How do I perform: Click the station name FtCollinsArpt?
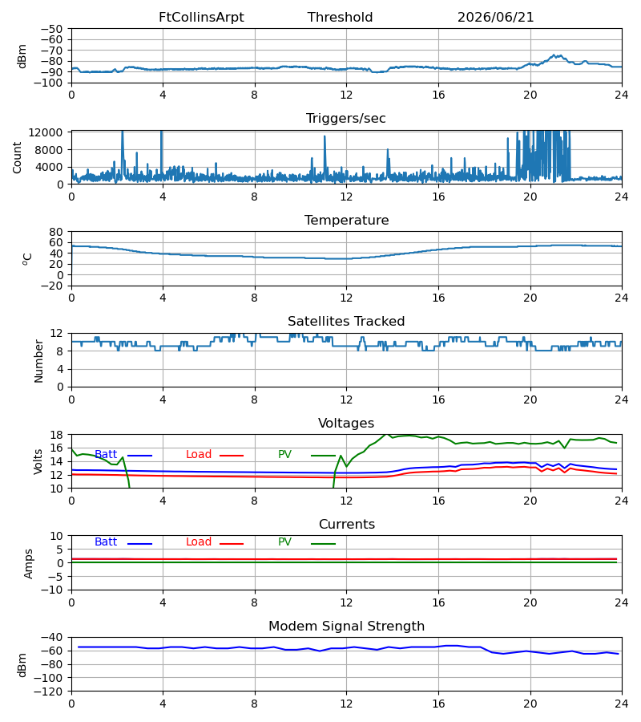click(x=201, y=18)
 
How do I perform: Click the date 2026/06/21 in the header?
click(x=495, y=18)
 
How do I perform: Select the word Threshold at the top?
click(x=340, y=18)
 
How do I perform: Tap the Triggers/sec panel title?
click(x=346, y=119)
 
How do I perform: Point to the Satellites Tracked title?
click(x=346, y=322)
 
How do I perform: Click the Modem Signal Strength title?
click(x=346, y=627)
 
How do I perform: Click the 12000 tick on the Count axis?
click(x=46, y=132)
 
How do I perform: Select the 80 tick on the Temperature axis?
click(x=56, y=232)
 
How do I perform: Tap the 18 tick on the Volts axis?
click(x=56, y=435)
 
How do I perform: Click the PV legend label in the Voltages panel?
click(x=284, y=455)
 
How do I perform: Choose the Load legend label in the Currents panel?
click(x=199, y=542)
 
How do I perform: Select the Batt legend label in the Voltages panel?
click(x=106, y=455)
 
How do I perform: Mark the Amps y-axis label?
click(x=29, y=564)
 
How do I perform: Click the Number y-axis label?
click(x=38, y=362)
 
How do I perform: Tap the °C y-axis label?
click(x=27, y=259)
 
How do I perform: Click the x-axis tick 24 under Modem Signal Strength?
click(x=622, y=704)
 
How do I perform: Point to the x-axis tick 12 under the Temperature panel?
click(x=346, y=298)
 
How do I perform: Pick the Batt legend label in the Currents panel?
click(x=106, y=542)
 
